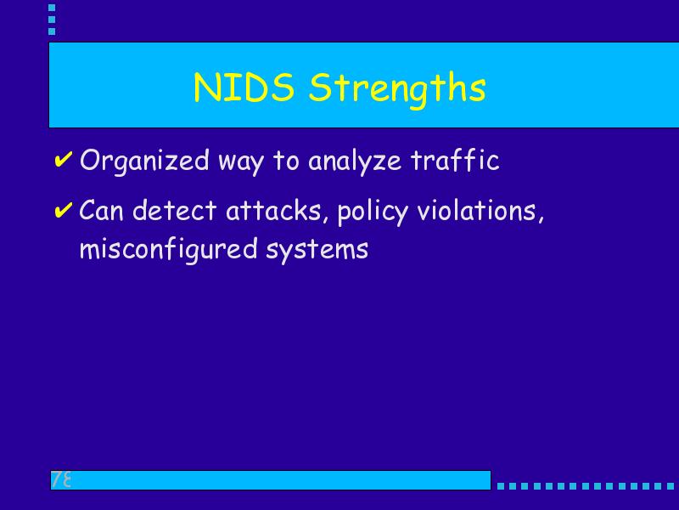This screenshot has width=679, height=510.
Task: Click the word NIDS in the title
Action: coord(244,88)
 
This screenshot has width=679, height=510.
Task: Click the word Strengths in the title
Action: coord(397,90)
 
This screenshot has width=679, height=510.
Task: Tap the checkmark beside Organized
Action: coord(63,160)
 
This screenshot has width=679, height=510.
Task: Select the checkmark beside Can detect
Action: coord(63,210)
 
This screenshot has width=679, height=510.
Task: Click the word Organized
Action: coord(144,161)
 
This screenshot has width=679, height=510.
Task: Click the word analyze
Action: coord(355,162)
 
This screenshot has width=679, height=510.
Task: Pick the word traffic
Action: coord(455,160)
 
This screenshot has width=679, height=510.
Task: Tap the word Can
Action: coord(101,210)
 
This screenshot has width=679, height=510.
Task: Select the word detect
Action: coord(174,210)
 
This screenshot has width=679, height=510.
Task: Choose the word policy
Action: coord(373,212)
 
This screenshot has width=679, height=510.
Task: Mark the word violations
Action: coord(477,210)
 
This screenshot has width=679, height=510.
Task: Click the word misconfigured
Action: coord(168,250)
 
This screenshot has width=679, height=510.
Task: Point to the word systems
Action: coord(317,252)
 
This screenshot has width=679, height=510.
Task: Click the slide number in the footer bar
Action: coord(61,479)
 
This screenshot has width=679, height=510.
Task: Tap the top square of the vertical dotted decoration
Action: coord(52,8)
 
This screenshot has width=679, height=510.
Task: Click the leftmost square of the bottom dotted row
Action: coord(501,486)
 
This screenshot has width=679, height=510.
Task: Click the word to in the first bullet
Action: coord(286,161)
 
